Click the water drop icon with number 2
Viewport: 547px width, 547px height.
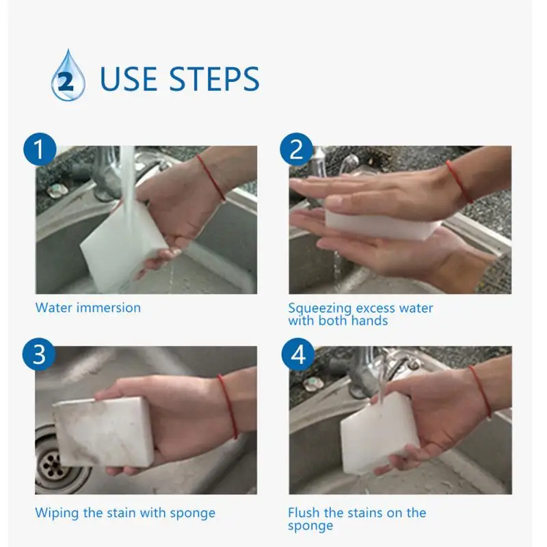click(x=68, y=76)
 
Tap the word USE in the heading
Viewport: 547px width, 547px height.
click(x=128, y=79)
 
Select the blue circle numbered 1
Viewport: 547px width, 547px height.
click(x=40, y=149)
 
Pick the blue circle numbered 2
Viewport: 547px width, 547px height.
click(x=297, y=149)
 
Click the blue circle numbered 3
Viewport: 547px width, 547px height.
click(x=39, y=354)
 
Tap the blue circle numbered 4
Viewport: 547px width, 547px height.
click(x=298, y=354)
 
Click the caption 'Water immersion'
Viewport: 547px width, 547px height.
click(x=88, y=308)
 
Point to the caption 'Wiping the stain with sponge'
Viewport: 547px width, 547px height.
click(x=125, y=513)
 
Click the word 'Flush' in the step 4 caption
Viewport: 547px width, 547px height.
click(x=304, y=512)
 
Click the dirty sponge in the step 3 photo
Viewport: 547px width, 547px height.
click(x=104, y=431)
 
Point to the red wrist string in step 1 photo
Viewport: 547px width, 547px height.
click(x=211, y=177)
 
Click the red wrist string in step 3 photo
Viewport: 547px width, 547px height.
click(x=228, y=406)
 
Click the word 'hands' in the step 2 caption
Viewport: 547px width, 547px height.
click(x=369, y=321)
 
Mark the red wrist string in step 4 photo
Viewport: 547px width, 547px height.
click(x=481, y=391)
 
